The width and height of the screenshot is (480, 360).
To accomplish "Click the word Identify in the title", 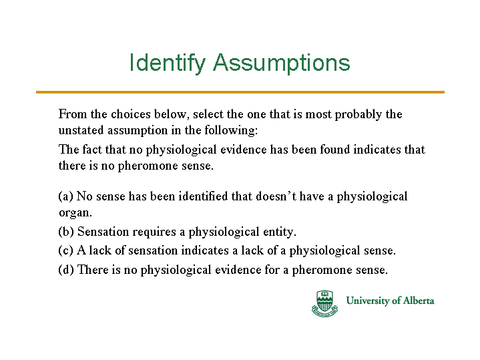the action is click(x=167, y=63).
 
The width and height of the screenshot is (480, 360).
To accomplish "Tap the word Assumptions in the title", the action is click(x=282, y=63).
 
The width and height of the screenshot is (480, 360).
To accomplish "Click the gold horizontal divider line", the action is click(x=240, y=92).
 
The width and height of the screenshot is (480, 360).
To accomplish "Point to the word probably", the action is click(x=358, y=115).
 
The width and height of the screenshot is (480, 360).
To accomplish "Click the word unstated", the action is click(x=81, y=130).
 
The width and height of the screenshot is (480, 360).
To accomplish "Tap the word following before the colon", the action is click(x=231, y=131).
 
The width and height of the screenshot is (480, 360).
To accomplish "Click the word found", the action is click(x=335, y=150).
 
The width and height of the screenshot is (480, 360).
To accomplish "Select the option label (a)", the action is click(x=66, y=196).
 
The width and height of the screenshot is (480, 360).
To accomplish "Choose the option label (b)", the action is click(x=66, y=232).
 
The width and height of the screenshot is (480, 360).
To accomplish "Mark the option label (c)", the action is click(x=66, y=250).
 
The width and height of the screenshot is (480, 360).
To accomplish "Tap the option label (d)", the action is click(x=66, y=270).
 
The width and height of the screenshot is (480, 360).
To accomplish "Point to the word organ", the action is click(x=75, y=213).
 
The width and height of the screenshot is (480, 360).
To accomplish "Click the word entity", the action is click(x=280, y=232).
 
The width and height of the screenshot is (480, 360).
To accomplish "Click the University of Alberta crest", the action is click(x=324, y=303).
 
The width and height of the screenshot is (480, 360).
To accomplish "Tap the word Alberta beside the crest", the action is click(x=419, y=301).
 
